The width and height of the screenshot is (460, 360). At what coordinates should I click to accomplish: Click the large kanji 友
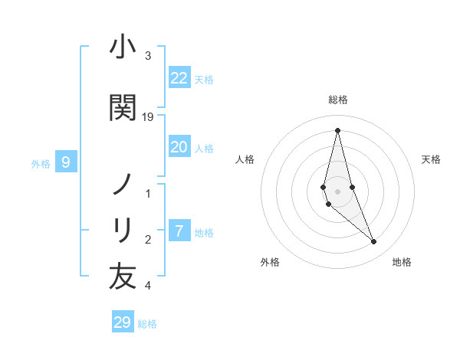point(123,277)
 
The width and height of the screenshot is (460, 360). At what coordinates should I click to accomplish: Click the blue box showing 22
point(179,78)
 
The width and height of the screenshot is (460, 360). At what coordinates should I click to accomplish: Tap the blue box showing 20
point(179,148)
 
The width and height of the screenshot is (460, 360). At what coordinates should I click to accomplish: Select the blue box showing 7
point(179,231)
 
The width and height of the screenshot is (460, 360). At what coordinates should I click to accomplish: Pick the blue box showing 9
point(66,162)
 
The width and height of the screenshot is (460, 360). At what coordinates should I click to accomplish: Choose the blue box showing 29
point(123,322)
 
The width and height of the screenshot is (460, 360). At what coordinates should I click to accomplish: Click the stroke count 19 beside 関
point(148,117)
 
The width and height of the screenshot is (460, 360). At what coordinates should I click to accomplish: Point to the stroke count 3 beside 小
point(148,56)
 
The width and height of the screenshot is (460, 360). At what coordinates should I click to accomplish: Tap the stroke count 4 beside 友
point(148,286)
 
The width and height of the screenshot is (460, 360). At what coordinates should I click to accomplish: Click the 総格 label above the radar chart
point(337,100)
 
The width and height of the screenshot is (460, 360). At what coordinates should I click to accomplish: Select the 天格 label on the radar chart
point(432,159)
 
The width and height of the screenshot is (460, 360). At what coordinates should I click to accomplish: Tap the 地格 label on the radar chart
point(402,262)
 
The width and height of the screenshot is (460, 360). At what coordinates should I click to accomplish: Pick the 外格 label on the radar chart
point(270,262)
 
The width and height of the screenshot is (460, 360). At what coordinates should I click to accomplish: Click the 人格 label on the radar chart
point(245,159)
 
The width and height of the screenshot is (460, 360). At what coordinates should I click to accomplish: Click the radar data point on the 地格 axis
point(374,242)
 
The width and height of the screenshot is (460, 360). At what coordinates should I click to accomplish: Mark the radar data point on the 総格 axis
point(337,129)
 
